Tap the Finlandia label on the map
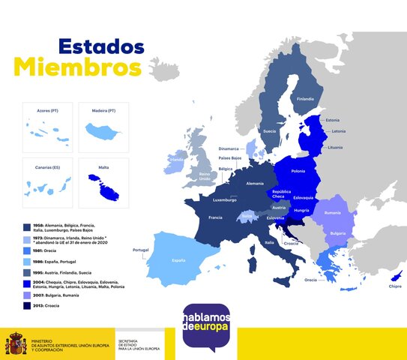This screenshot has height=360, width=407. pos(305,99)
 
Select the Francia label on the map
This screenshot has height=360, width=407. pos(215,217)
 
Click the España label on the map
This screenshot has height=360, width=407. pos(178,260)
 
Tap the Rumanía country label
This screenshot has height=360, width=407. pos(332,213)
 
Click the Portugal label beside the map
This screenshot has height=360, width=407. pos(140,250)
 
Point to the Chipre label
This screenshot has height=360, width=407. pos(394,286)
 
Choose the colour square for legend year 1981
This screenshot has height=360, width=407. pos(27,251)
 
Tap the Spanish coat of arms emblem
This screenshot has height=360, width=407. pos(16,345)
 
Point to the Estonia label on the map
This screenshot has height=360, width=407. pos(333,120)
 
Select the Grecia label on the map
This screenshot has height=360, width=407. pos(310,280)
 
